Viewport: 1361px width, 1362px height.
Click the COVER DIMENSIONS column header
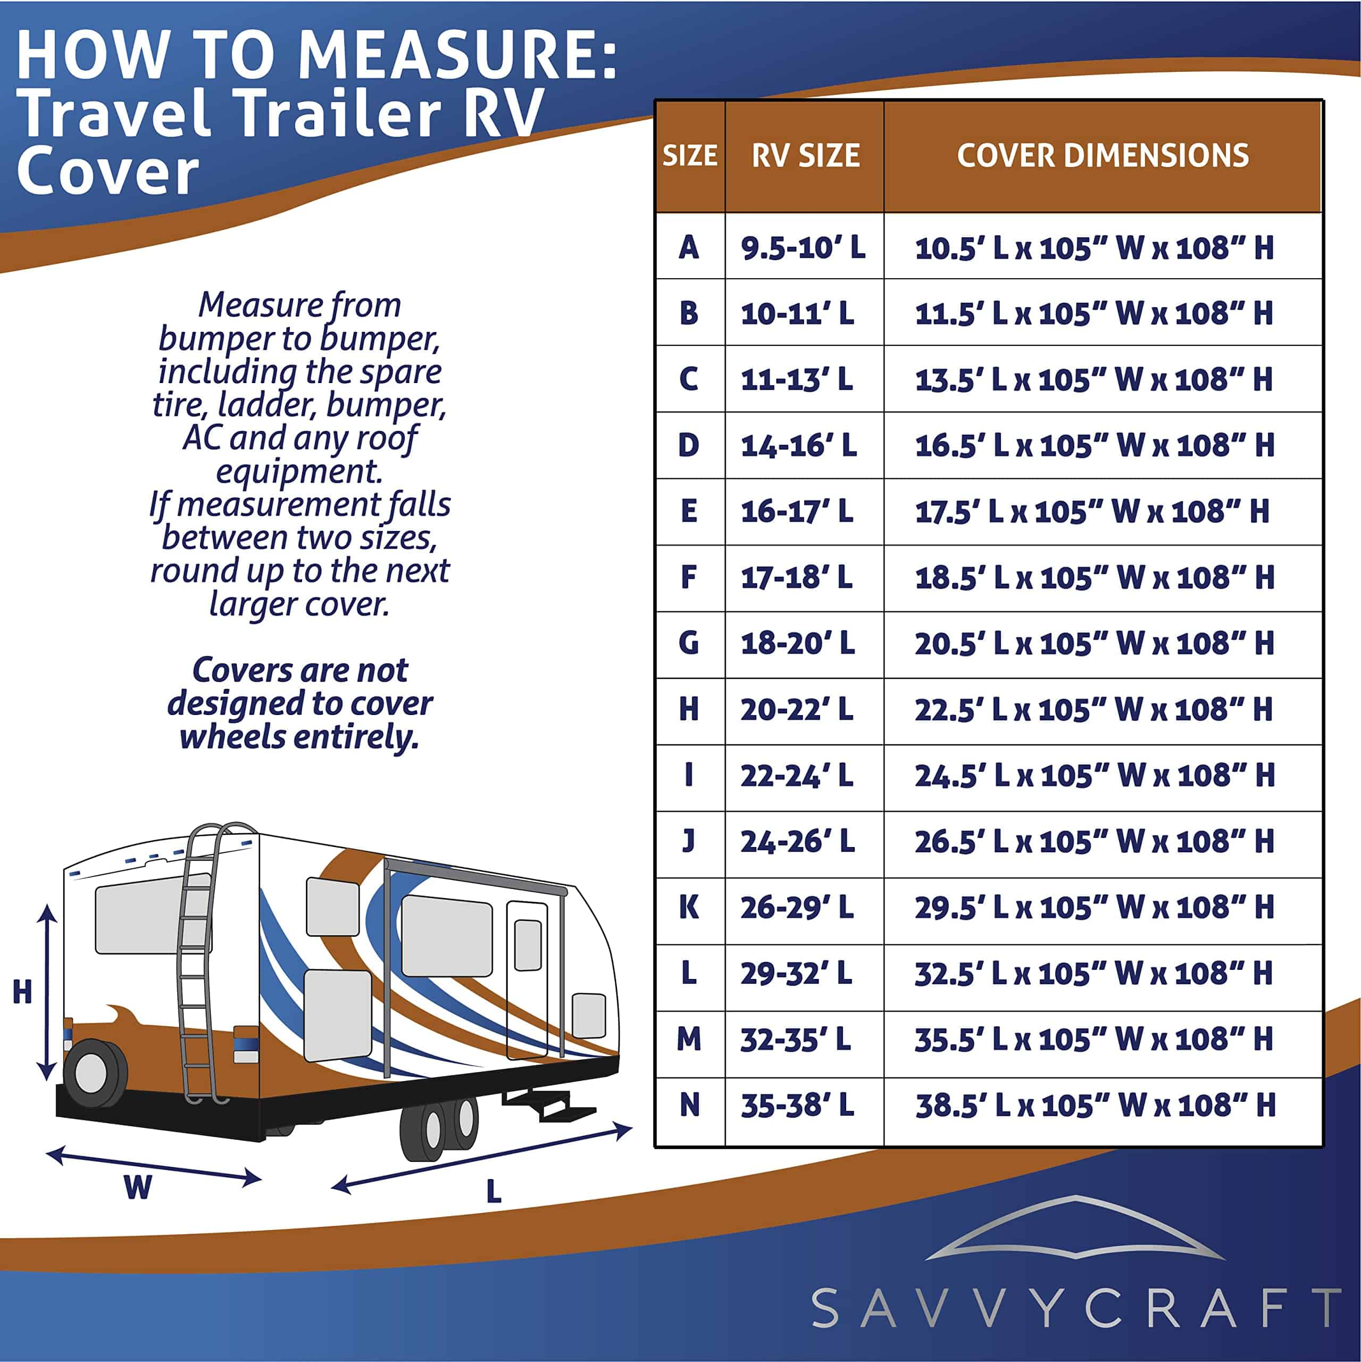pyautogui.click(x=1103, y=155)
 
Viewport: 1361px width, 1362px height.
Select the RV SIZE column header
pyautogui.click(x=806, y=155)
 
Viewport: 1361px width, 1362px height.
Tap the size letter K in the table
pyautogui.click(x=689, y=907)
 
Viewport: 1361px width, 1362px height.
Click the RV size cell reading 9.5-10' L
pyautogui.click(x=803, y=247)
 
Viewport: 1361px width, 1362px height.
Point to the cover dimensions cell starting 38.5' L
pyautogui.click(x=1095, y=1104)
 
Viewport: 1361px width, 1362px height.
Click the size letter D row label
pyautogui.click(x=689, y=445)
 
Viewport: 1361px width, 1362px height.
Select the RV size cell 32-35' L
pyautogui.click(x=796, y=1039)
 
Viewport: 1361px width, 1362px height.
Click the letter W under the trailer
pyautogui.click(x=138, y=1187)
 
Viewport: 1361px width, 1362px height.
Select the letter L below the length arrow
pyautogui.click(x=494, y=1191)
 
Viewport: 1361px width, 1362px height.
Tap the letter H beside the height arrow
pyautogui.click(x=22, y=992)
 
